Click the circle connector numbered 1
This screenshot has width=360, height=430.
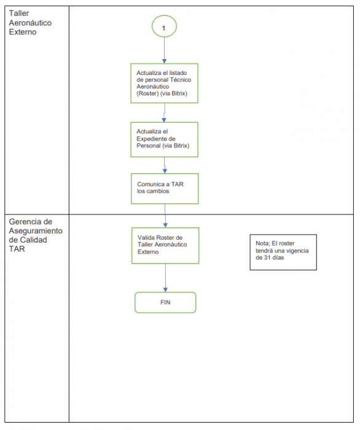click(164, 28)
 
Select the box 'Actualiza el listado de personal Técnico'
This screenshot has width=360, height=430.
click(164, 82)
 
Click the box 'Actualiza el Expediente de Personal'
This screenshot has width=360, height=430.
click(164, 139)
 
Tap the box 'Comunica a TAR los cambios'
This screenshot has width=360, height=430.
click(164, 187)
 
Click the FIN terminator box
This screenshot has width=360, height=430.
click(165, 302)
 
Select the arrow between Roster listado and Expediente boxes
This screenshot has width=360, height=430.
click(164, 112)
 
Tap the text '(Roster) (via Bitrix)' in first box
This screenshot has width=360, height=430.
click(162, 93)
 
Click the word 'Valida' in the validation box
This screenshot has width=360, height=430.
click(146, 237)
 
